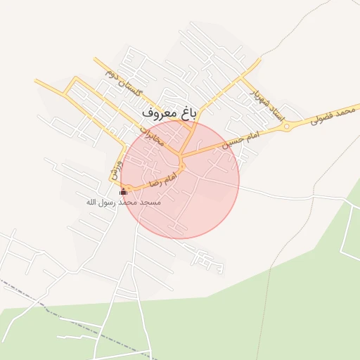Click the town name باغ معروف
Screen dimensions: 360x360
[167, 112]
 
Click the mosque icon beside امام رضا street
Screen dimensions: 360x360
[124, 192]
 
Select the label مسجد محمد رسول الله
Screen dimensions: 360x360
[124, 202]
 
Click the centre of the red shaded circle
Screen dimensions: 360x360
[180, 179]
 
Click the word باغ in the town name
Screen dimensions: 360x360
[183, 112]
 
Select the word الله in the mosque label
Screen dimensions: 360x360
[91, 202]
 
